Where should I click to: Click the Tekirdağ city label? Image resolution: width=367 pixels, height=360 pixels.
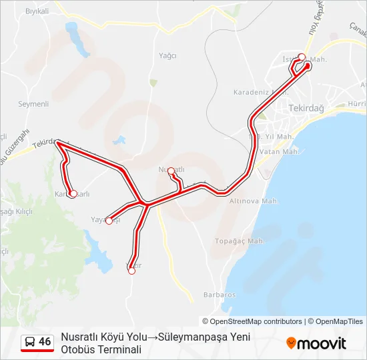pyautogui.click(x=306, y=108)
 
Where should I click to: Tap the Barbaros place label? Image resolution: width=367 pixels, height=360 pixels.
pyautogui.click(x=220, y=295)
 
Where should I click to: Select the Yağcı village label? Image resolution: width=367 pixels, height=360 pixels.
pyautogui.click(x=167, y=56)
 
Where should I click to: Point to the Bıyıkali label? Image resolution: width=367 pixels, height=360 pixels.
pyautogui.click(x=37, y=11)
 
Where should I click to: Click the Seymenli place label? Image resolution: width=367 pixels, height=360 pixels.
pyautogui.click(x=33, y=104)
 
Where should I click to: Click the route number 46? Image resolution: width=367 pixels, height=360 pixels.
pyautogui.click(x=45, y=342)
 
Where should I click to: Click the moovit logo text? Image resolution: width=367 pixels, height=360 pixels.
pyautogui.click(x=322, y=343)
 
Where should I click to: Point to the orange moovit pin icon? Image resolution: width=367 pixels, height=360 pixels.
pyautogui.click(x=291, y=343)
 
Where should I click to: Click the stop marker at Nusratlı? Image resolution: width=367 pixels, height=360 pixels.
pyautogui.click(x=171, y=171)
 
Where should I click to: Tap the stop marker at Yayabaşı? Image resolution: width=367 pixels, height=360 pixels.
pyautogui.click(x=109, y=221)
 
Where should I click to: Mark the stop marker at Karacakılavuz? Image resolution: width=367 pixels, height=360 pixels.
pyautogui.click(x=73, y=194)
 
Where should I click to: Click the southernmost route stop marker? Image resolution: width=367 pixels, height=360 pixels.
pyautogui.click(x=131, y=270)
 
